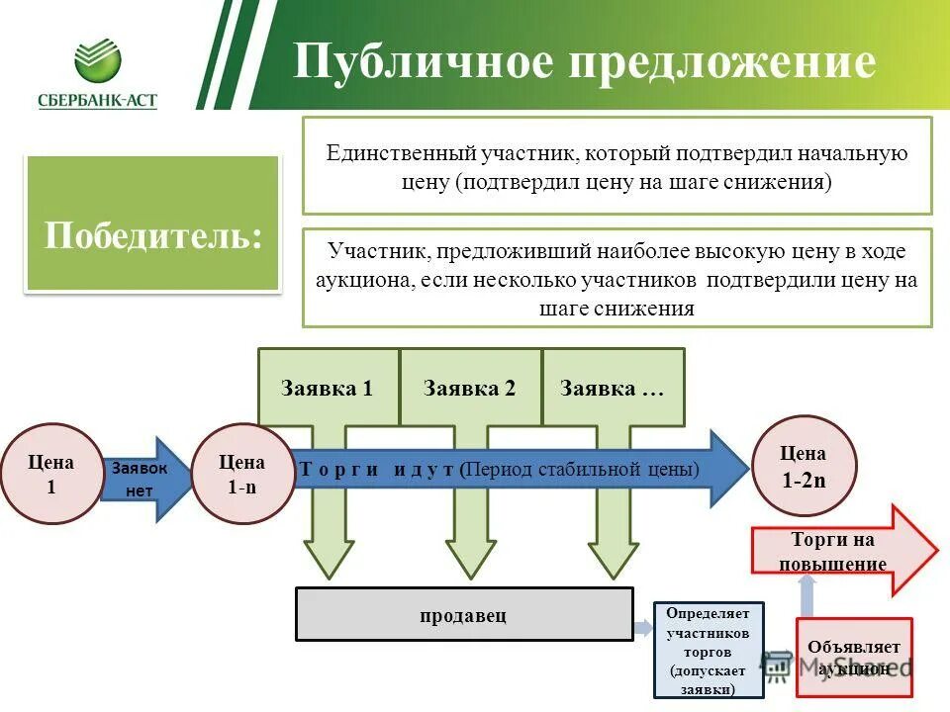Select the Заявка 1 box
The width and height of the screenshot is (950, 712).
click(x=328, y=388)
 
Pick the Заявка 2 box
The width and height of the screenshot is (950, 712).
click(x=470, y=388)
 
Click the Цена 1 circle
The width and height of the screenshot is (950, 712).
click(x=51, y=474)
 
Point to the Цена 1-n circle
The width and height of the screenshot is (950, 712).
click(x=241, y=474)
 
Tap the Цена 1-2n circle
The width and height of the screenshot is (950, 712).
click(x=804, y=466)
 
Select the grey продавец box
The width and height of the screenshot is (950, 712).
click(x=464, y=615)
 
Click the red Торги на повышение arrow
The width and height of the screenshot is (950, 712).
click(x=841, y=551)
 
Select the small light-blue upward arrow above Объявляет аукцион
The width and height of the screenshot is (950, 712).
click(x=807, y=594)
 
